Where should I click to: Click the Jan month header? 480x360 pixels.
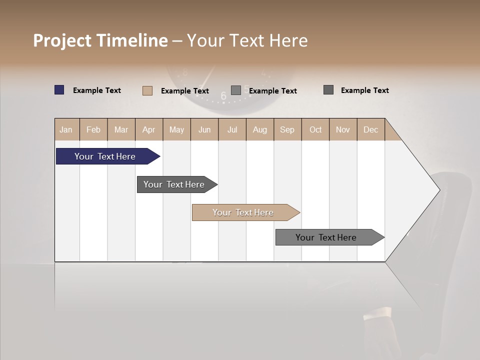(x=66, y=129)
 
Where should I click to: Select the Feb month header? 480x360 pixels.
(x=93, y=129)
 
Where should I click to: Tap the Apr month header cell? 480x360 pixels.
(x=149, y=129)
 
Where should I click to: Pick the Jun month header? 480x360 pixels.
(x=204, y=129)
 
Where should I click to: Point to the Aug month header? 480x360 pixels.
(x=260, y=129)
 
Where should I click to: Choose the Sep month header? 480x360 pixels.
(x=287, y=129)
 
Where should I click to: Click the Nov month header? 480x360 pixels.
(x=343, y=129)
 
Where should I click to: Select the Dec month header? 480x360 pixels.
(x=371, y=129)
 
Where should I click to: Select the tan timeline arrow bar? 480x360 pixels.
(x=244, y=212)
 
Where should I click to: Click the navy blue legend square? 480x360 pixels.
(x=59, y=90)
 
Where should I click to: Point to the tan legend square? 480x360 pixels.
(x=147, y=90)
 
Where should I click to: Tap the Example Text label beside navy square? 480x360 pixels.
(x=97, y=90)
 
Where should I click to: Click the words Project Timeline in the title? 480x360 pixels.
(x=100, y=40)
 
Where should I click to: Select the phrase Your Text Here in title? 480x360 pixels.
(x=247, y=40)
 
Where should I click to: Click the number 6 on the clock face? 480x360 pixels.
(x=223, y=96)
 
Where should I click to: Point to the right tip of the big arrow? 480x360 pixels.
(x=439, y=190)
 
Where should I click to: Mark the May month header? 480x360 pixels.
(x=176, y=129)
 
